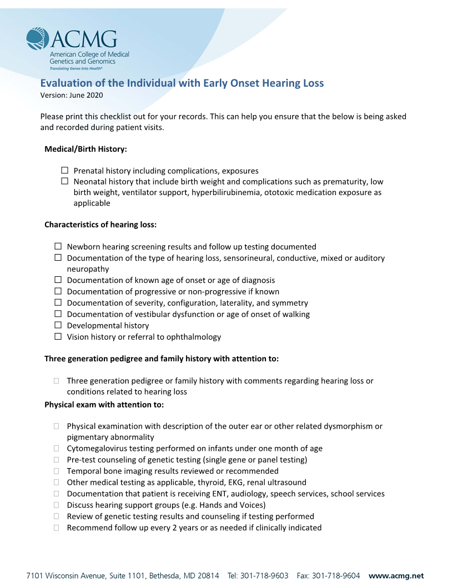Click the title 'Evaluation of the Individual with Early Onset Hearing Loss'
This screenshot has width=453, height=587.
(x=182, y=83)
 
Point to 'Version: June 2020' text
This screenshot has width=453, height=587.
(x=72, y=95)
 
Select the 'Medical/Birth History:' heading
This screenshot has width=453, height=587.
(x=85, y=149)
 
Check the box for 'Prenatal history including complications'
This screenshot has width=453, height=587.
(x=64, y=170)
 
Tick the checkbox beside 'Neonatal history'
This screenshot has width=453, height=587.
(x=64, y=181)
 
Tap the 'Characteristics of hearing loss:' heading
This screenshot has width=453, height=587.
(x=100, y=225)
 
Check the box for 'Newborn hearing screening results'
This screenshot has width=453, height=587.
(x=58, y=246)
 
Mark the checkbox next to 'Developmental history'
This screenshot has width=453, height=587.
(x=58, y=325)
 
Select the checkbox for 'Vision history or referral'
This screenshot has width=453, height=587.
(x=58, y=336)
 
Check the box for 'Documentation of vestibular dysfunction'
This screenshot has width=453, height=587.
(x=58, y=314)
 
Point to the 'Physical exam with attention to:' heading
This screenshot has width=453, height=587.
(x=104, y=405)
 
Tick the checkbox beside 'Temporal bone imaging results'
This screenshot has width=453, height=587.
(x=57, y=471)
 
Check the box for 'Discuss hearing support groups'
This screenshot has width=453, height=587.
(x=57, y=505)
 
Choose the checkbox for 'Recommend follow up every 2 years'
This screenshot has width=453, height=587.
(x=57, y=528)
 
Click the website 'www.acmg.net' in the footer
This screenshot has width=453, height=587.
(x=396, y=576)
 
